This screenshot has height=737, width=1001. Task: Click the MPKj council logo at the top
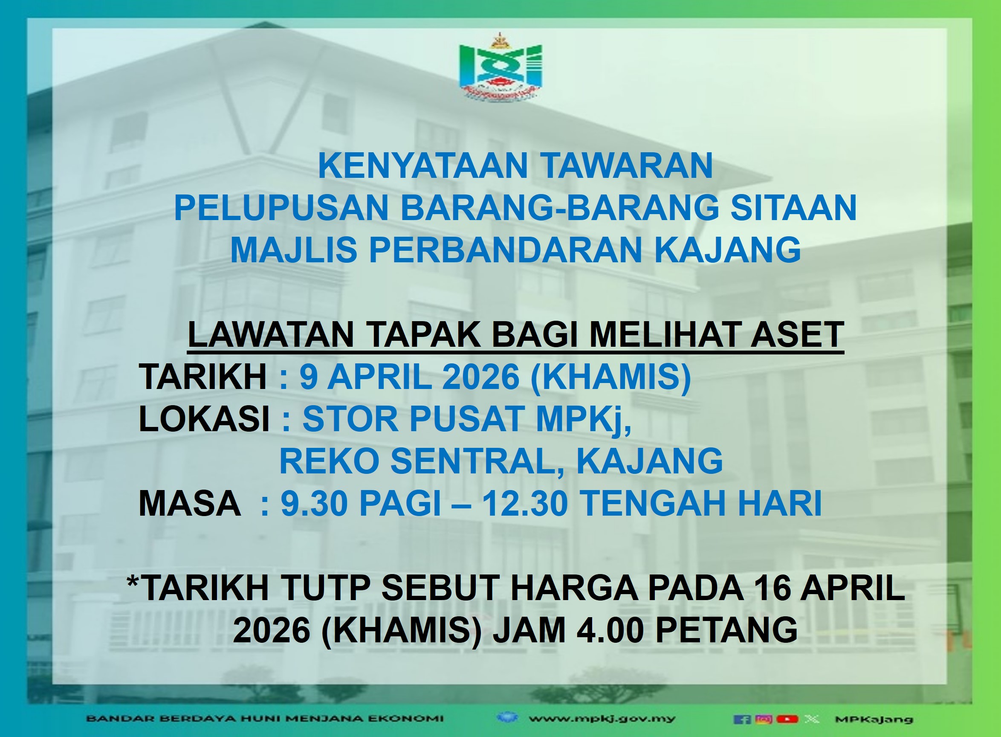click(500, 66)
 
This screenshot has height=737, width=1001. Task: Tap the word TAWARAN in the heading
click(627, 166)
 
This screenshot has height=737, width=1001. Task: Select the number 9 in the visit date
click(309, 377)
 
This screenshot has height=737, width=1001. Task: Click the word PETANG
click(727, 630)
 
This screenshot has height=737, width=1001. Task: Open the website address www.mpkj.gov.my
click(602, 719)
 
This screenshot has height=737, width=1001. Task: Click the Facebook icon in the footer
click(741, 719)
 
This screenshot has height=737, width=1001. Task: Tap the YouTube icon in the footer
click(787, 719)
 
